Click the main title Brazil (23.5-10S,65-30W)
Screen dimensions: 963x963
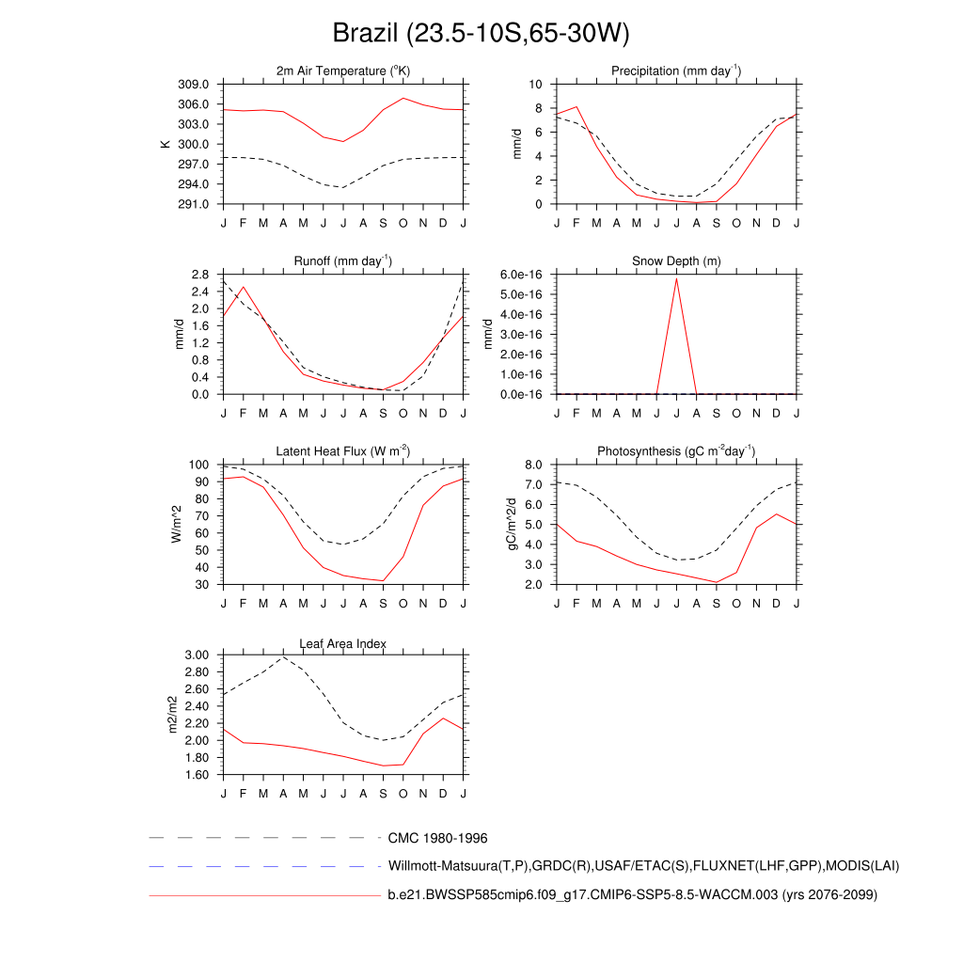[481, 34]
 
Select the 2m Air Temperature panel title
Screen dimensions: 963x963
[343, 71]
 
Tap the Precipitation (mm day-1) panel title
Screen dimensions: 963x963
[675, 71]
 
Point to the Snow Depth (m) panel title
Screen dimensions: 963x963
[676, 260]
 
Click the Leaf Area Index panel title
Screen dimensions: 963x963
[343, 643]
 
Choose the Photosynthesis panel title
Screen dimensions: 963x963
[676, 451]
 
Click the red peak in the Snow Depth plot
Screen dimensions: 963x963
[676, 278]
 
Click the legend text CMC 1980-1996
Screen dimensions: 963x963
[437, 838]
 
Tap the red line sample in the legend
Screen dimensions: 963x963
[263, 895]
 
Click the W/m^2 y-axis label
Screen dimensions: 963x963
[176, 524]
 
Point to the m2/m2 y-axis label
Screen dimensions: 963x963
[172, 715]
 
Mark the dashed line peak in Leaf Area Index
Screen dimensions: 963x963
[283, 656]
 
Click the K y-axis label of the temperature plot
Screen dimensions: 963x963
[166, 144]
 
